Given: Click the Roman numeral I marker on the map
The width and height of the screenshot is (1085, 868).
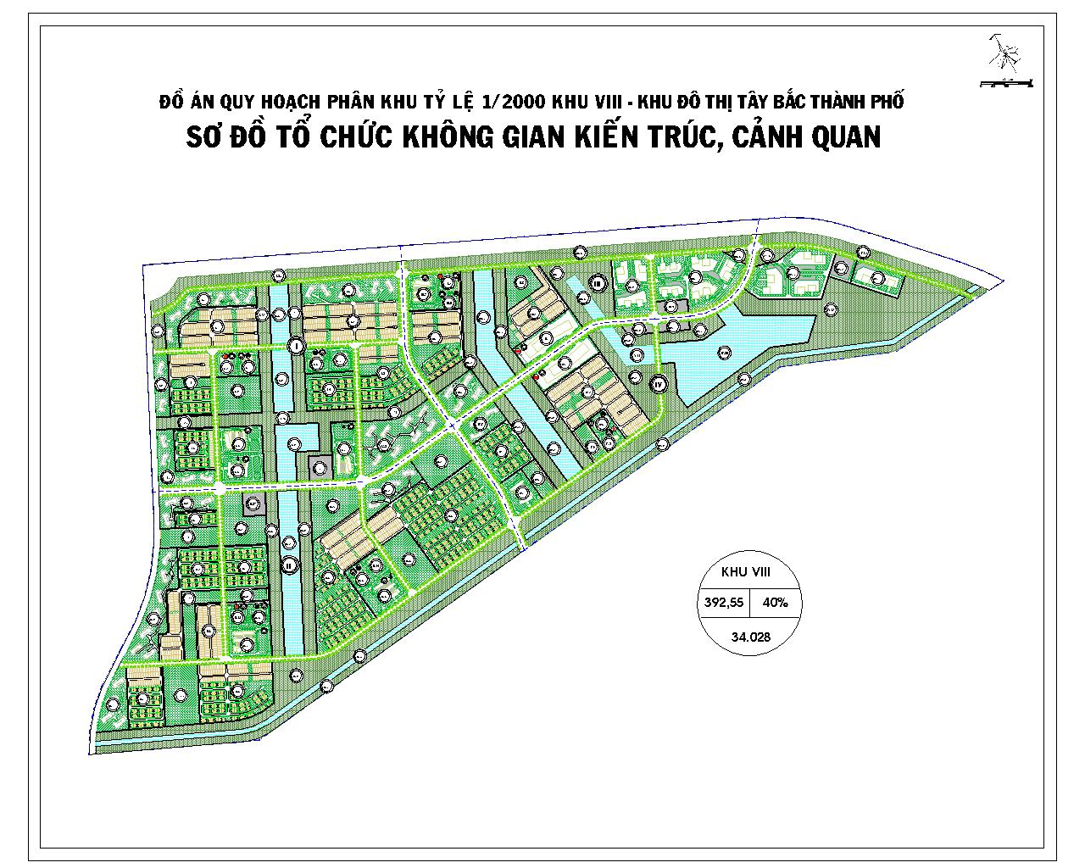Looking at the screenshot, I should (295, 345).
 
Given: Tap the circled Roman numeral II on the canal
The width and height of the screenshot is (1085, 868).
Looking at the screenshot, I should (290, 565).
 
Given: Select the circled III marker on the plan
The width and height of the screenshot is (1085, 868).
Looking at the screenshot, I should (598, 283).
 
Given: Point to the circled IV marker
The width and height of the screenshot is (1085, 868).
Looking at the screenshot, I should (659, 384).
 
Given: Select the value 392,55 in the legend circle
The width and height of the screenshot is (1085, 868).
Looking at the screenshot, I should (723, 603).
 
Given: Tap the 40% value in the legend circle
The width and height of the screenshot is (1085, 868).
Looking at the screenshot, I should (775, 603).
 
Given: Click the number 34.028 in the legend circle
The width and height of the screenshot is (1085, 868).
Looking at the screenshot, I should (745, 638).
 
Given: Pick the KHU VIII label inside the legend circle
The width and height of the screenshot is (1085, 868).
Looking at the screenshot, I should (745, 573).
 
